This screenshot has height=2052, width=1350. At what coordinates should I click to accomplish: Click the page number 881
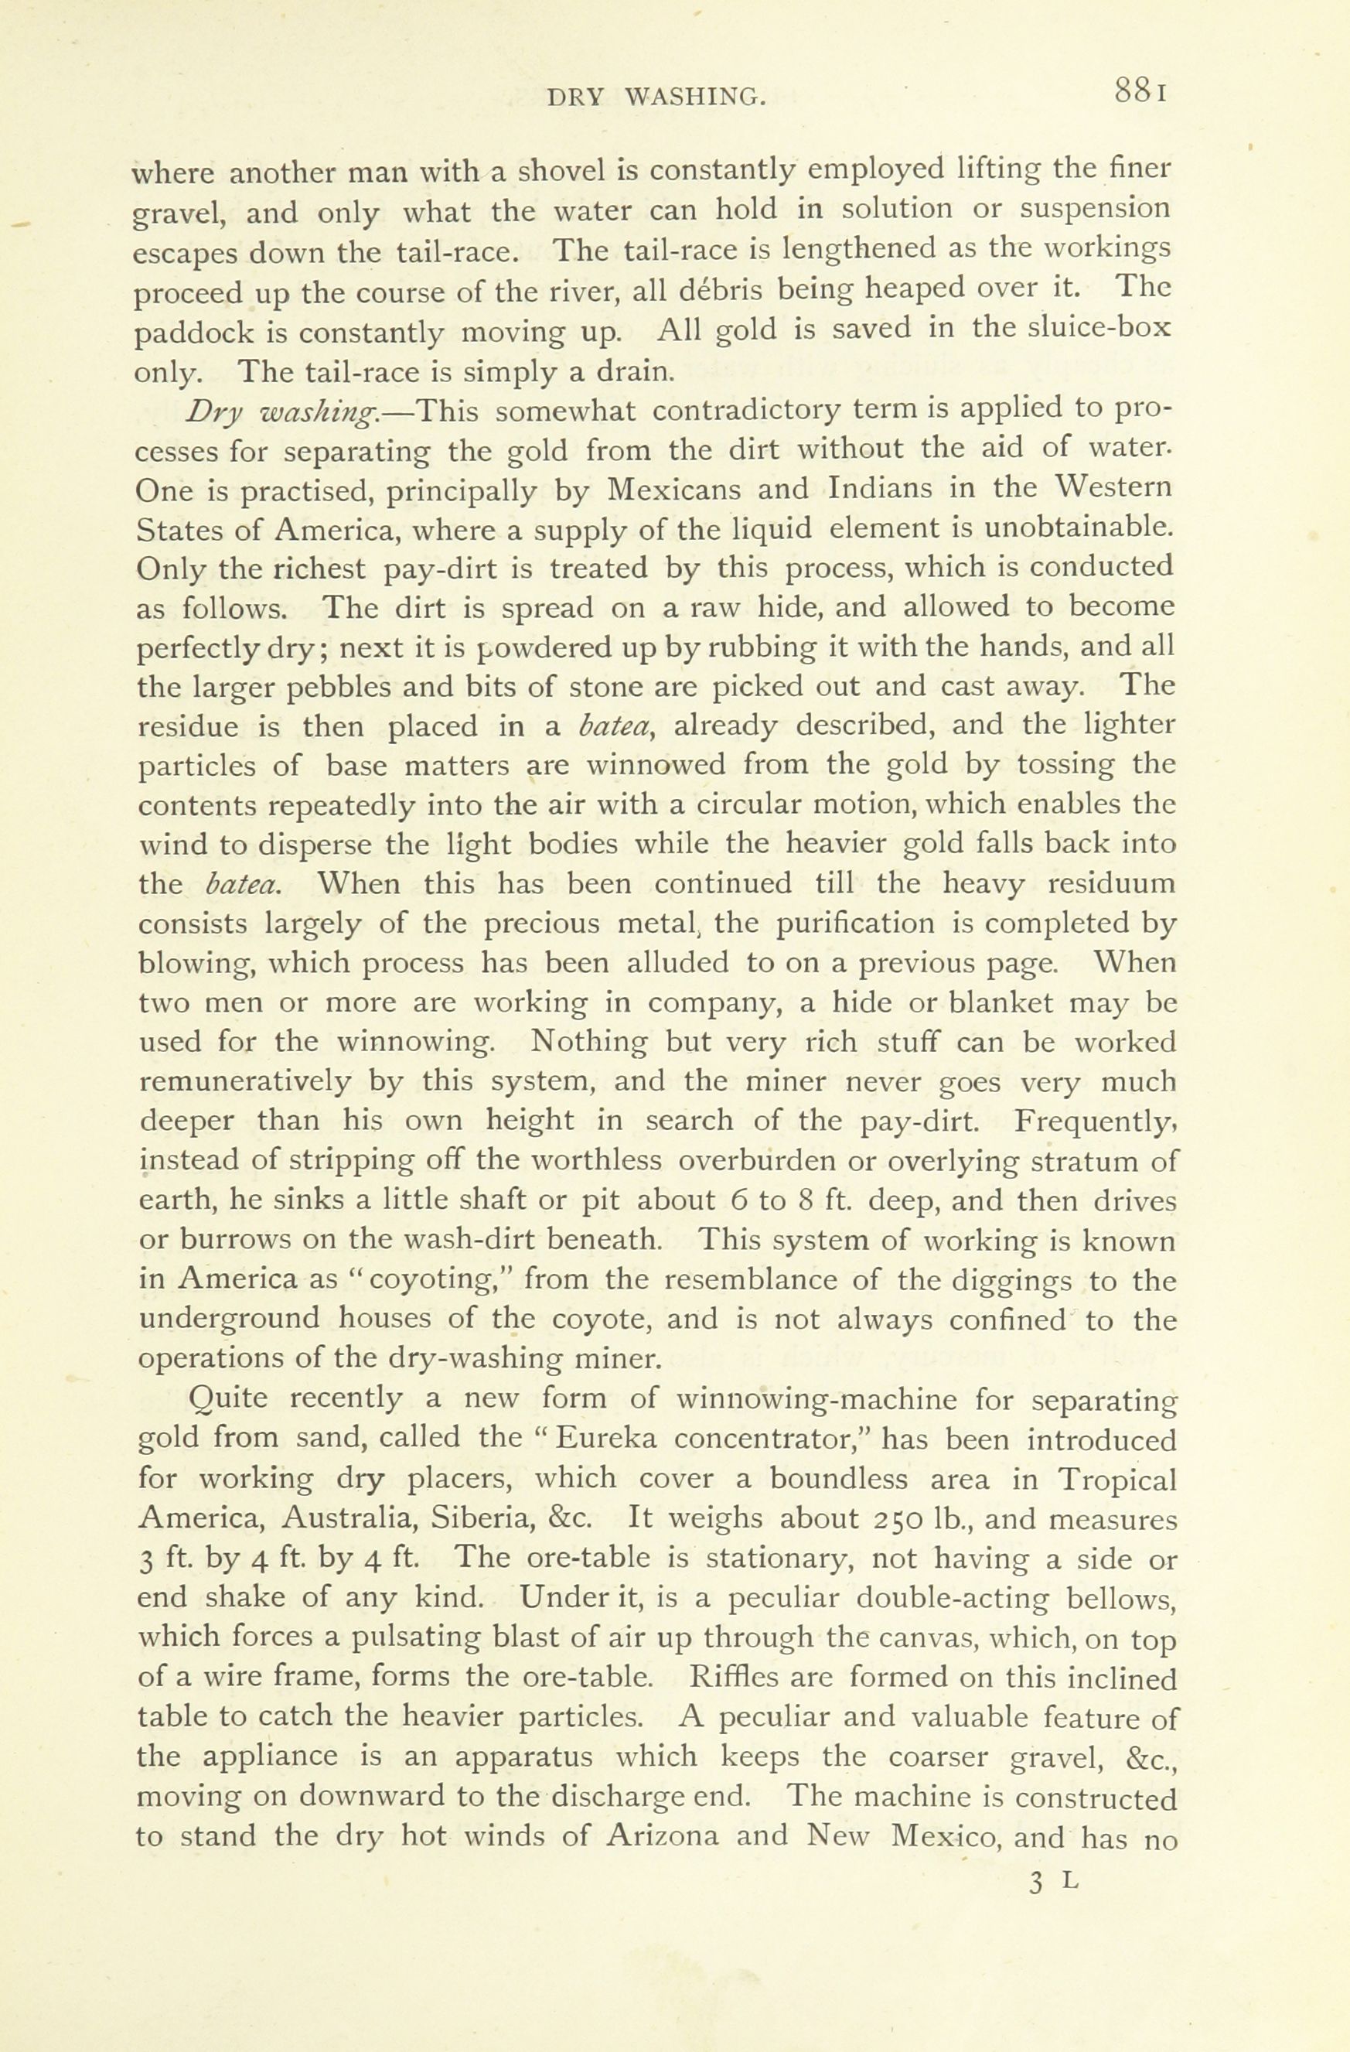click(1140, 91)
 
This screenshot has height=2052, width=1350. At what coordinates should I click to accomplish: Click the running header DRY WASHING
click(657, 97)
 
